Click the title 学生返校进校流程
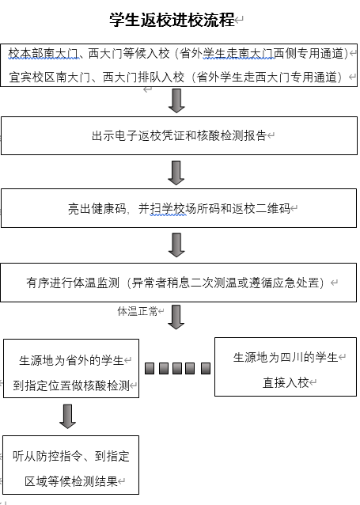coord(172,20)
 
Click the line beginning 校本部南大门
coord(178,54)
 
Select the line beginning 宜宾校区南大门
coord(176,77)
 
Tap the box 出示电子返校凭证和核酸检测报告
coord(179,135)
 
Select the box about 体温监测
coord(178,283)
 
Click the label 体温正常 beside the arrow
coord(138,311)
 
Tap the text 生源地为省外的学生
coord(71,360)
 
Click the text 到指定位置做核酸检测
coord(71,385)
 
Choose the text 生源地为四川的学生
coord(286,358)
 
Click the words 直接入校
coord(286,382)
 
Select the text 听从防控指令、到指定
coord(71,456)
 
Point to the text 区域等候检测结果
coord(71,481)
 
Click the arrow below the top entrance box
coord(176,101)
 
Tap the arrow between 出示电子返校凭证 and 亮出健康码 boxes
coord(176,173)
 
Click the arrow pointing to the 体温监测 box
coord(176,245)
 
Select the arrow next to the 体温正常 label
coord(176,317)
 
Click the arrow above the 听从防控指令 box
coord(67,416)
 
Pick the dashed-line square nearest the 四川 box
coord(206,368)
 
